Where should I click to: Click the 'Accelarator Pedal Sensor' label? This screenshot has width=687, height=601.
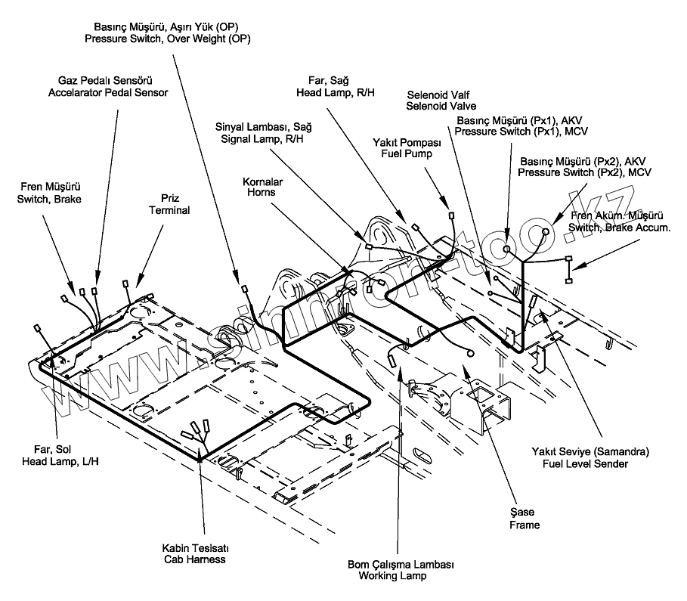(108, 92)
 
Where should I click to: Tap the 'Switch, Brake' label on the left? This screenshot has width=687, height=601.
(49, 199)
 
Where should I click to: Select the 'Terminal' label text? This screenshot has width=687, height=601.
(169, 210)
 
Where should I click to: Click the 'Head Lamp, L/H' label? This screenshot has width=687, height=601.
(60, 462)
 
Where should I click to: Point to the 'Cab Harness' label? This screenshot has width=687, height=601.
(195, 559)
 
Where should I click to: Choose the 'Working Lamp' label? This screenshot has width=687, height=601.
(392, 576)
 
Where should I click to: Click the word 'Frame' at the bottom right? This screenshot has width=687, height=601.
(525, 525)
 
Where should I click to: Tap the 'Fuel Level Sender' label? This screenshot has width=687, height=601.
(586, 464)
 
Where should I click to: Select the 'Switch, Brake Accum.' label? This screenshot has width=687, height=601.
(620, 228)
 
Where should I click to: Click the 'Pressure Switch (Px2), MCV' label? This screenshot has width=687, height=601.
(584, 172)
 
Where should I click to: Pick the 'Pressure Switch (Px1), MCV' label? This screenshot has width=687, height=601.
(521, 132)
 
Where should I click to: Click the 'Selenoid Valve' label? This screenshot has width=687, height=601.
(441, 106)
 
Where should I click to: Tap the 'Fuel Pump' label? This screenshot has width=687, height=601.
(407, 154)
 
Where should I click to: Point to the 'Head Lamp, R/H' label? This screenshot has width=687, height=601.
(336, 93)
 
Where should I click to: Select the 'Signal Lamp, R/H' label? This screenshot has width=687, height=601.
(262, 139)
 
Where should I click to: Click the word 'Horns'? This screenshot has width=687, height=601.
(261, 193)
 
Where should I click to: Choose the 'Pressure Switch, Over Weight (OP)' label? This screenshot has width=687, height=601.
(168, 39)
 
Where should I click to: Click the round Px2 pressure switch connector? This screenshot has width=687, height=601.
(546, 231)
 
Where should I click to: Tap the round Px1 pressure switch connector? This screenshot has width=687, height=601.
(506, 249)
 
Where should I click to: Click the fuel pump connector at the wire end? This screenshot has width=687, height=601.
(451, 215)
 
